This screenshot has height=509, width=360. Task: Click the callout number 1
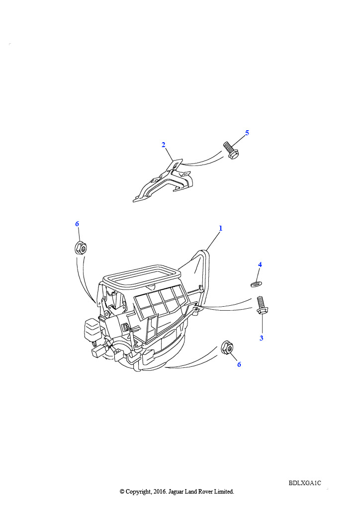[x=221, y=229]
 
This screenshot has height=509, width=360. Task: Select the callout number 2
[x=164, y=145]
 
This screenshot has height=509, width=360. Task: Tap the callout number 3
[x=262, y=338]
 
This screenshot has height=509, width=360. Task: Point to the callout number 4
[x=260, y=265]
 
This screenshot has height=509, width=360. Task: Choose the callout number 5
[x=247, y=133]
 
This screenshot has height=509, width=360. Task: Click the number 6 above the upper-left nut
[x=77, y=224]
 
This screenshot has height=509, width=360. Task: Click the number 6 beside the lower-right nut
[x=239, y=364]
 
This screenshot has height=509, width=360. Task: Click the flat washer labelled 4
[x=257, y=285]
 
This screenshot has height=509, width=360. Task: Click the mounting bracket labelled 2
[x=162, y=182]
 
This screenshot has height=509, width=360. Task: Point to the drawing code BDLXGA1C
[x=305, y=483]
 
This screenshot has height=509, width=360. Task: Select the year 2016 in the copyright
[x=159, y=492]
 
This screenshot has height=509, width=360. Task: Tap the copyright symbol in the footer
[x=122, y=492]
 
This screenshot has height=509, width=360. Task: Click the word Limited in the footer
[x=224, y=492]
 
